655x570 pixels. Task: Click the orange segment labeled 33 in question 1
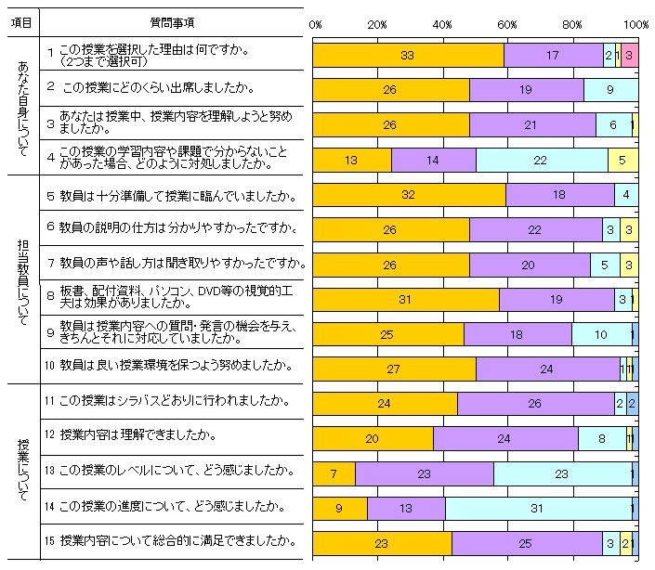click(x=407, y=56)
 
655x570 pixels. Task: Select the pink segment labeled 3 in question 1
click(x=629, y=56)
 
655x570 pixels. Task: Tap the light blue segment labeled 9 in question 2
click(x=609, y=90)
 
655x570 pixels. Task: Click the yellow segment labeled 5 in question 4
click(x=622, y=160)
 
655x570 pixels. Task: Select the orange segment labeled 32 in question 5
click(x=409, y=195)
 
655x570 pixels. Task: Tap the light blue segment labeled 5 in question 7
click(x=605, y=265)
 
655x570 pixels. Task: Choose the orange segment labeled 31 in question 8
click(x=405, y=299)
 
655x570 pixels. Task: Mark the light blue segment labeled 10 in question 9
click(x=601, y=334)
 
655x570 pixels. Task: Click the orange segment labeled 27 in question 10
click(x=393, y=369)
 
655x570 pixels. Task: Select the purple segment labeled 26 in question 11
click(x=535, y=404)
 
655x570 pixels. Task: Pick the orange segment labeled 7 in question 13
click(x=334, y=473)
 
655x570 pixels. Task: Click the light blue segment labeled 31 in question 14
click(x=539, y=509)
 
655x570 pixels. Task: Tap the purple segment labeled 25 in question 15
click(x=527, y=543)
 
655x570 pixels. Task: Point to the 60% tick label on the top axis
click(x=507, y=24)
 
